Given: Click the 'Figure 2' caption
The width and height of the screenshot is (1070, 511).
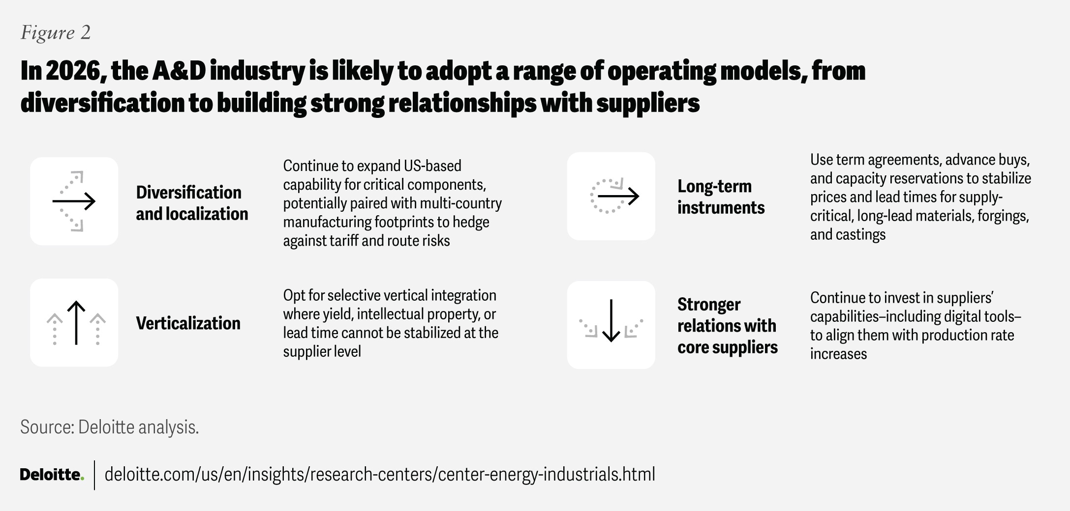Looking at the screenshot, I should point(56,33).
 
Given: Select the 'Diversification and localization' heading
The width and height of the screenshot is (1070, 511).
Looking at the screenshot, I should point(192,203).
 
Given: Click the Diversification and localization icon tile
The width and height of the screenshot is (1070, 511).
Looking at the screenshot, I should point(74,201).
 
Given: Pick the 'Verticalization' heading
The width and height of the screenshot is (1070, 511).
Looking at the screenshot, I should point(188,323).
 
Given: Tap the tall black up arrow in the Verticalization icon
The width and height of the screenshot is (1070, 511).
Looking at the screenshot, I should point(76,322).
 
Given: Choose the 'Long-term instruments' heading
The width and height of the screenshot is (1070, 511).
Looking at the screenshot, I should point(721,197).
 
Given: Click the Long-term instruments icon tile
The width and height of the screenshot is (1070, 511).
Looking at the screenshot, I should point(611,196).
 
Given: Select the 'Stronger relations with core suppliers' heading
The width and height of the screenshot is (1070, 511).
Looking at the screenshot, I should point(727,325).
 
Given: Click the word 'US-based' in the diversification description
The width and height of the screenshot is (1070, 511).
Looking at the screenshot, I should point(432,166).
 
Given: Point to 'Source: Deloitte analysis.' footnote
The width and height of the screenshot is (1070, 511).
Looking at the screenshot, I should point(109,427).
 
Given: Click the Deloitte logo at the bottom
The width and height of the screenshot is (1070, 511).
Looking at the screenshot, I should point(52,475).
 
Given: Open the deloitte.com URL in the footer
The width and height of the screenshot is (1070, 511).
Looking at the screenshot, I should point(380,475).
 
